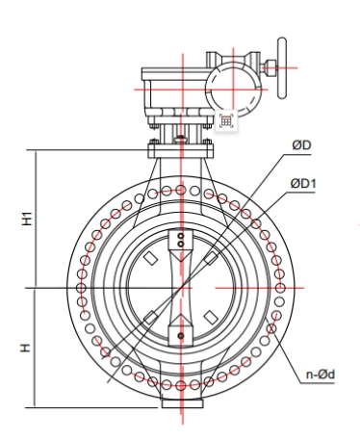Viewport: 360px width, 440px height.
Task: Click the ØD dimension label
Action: click(x=301, y=145)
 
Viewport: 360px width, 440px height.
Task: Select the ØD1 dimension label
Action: click(x=303, y=184)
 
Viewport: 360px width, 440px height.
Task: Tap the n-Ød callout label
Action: click(x=320, y=375)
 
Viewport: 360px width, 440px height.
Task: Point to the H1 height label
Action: click(x=27, y=219)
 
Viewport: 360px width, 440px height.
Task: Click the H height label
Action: click(x=26, y=348)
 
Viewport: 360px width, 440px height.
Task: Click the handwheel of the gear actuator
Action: click(x=282, y=68)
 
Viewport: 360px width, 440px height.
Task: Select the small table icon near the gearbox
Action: click(x=226, y=121)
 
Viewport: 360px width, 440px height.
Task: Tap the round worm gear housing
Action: click(x=233, y=90)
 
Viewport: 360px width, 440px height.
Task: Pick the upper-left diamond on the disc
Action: click(x=150, y=258)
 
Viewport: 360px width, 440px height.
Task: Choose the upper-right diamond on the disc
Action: click(x=211, y=258)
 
